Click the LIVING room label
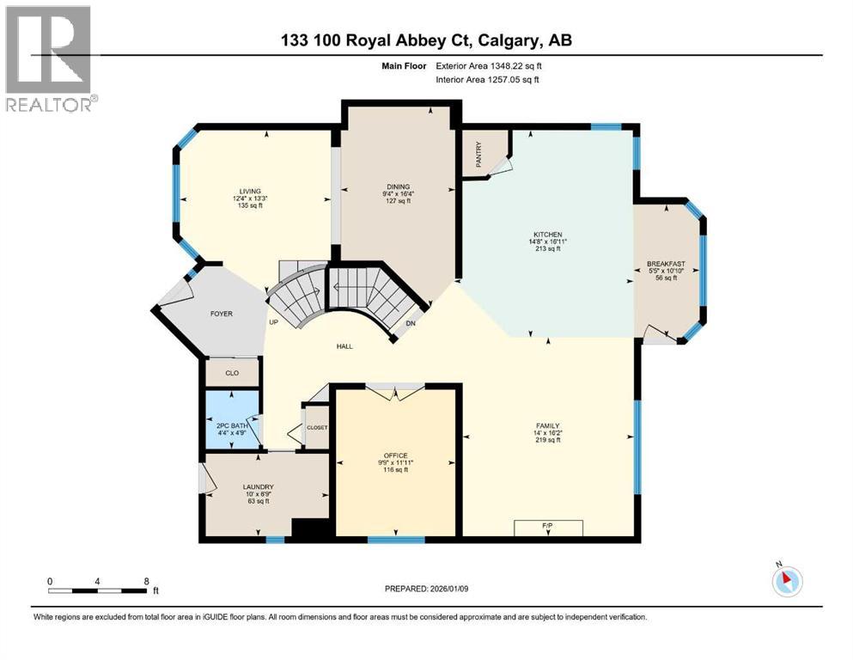tap(250, 192)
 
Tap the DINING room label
tap(398, 186)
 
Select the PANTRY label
tap(478, 155)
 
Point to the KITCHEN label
tap(547, 235)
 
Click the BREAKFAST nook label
tap(666, 264)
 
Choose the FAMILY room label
tap(547, 425)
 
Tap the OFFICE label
tap(395, 455)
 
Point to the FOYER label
tap(222, 314)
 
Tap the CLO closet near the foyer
tap(232, 373)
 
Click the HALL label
tap(345, 346)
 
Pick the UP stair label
tap(274, 322)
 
